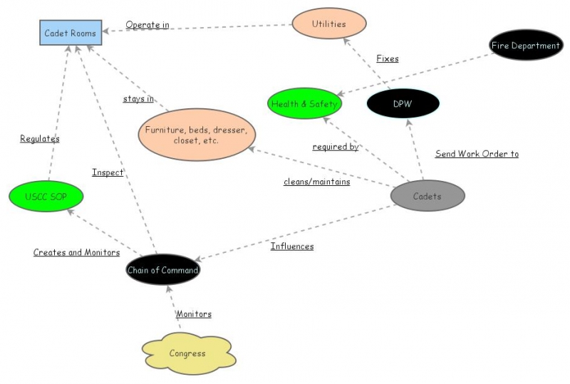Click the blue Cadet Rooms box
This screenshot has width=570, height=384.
(x=70, y=33)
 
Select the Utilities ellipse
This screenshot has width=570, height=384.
(x=328, y=24)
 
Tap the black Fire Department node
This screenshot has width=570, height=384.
(x=526, y=46)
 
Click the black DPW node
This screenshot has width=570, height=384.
(x=402, y=104)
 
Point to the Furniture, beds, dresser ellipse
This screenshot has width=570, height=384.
(x=196, y=135)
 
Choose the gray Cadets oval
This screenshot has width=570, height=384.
(x=427, y=196)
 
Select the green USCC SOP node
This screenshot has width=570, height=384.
(x=46, y=196)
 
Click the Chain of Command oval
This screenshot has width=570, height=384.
(x=162, y=270)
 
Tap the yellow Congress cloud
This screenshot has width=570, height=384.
(x=187, y=353)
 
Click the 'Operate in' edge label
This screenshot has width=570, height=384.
(x=147, y=25)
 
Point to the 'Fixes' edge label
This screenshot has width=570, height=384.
(x=388, y=58)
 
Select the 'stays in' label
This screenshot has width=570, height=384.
(x=138, y=99)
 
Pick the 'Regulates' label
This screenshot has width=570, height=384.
(x=40, y=139)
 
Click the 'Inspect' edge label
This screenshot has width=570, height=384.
(x=108, y=172)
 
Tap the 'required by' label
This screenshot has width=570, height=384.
(x=335, y=147)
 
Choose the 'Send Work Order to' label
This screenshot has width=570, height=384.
(x=477, y=153)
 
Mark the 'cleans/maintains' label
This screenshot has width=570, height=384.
(x=316, y=181)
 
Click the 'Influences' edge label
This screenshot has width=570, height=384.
(x=292, y=246)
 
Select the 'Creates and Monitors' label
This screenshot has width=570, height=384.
(x=76, y=252)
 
